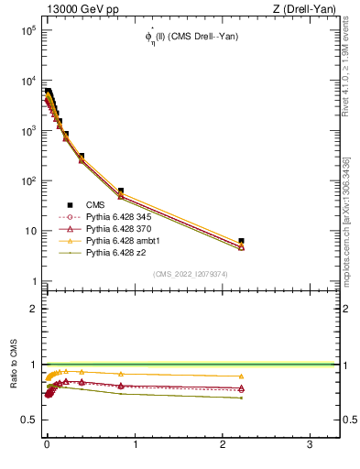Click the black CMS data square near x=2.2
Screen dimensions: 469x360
click(x=241, y=241)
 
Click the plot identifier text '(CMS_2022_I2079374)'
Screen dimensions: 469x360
click(x=191, y=274)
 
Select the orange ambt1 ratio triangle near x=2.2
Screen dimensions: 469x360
click(x=241, y=376)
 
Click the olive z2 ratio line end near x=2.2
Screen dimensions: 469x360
click(x=241, y=398)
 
